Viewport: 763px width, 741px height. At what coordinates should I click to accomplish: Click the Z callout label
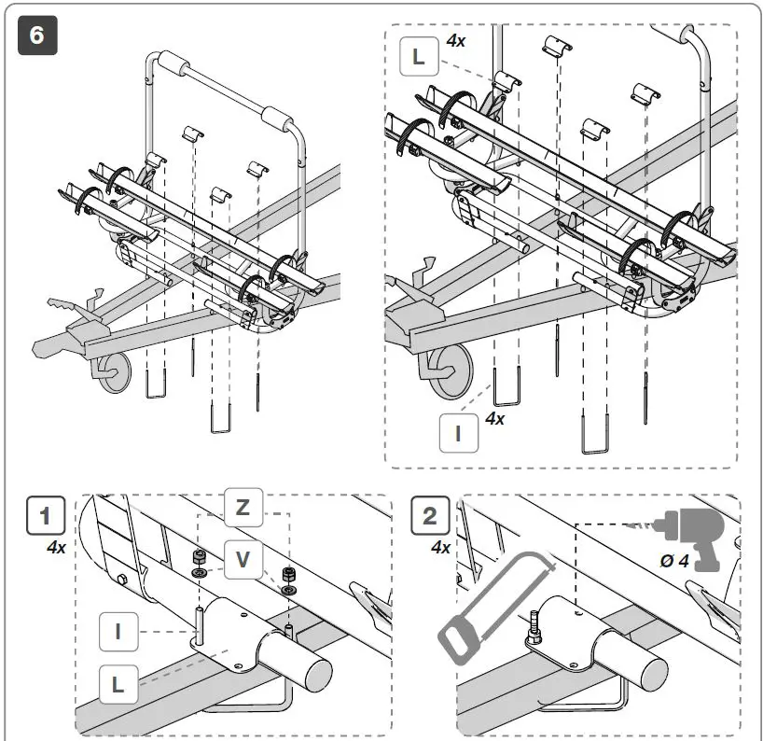tap(243, 509)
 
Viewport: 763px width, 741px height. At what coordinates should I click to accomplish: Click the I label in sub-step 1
tap(118, 631)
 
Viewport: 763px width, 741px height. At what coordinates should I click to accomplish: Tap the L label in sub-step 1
tap(118, 682)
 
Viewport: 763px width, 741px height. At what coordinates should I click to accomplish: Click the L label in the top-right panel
tap(418, 57)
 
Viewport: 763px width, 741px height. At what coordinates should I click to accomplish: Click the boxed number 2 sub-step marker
tap(430, 518)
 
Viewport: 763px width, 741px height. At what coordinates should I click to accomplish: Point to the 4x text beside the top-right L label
tap(456, 41)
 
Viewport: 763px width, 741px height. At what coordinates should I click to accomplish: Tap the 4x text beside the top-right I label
tap(494, 419)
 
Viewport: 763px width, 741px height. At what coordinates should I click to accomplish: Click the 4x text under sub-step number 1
tap(56, 548)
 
